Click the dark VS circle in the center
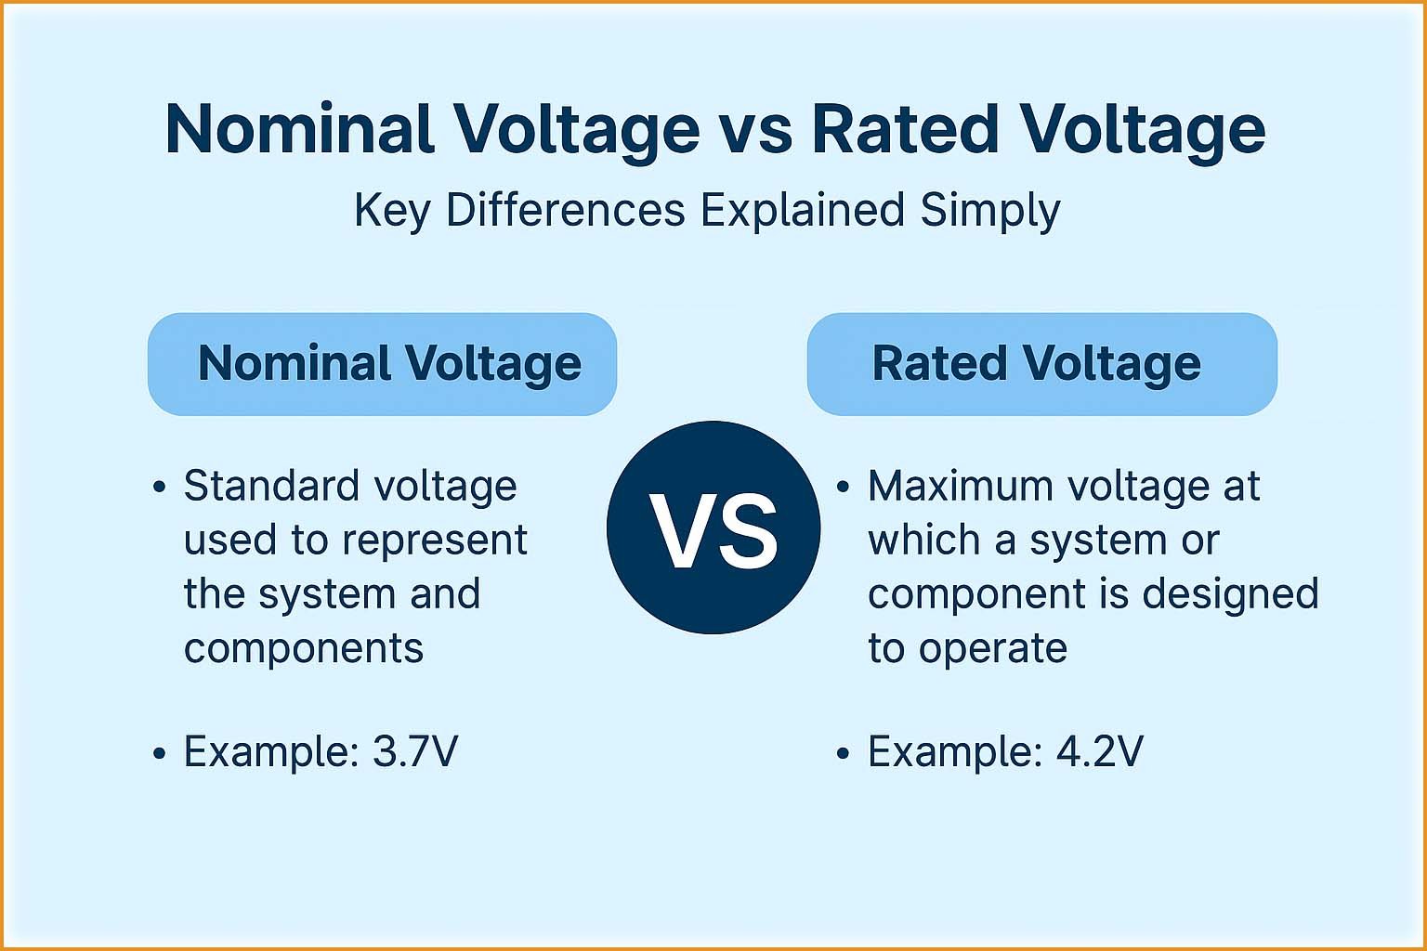click(713, 528)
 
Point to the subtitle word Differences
click(565, 210)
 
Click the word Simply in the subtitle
click(989, 212)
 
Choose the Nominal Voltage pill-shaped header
click(382, 364)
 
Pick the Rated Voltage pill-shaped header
click(1041, 364)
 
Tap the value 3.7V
click(414, 751)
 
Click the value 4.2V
click(1099, 751)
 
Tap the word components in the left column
click(303, 647)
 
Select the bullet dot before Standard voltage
click(160, 488)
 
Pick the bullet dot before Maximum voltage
click(844, 488)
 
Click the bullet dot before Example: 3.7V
click(160, 753)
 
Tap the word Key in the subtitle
click(392, 212)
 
